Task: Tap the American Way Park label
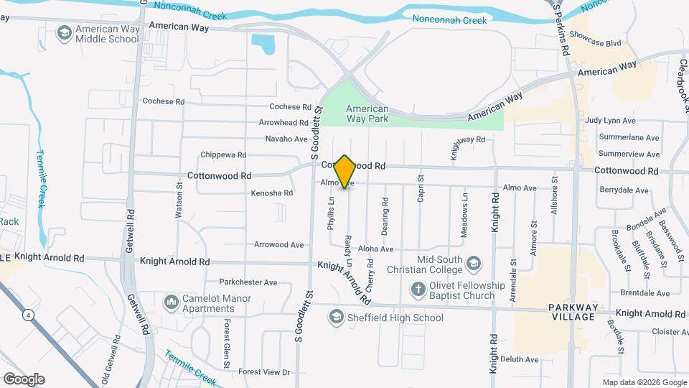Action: point(367,114)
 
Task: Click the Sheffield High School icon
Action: point(336,317)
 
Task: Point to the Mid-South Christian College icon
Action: point(474,264)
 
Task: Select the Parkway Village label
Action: point(571,312)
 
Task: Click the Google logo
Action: point(24,379)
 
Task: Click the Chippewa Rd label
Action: point(223,154)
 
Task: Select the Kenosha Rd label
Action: point(271,193)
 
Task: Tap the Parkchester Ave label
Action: point(248,282)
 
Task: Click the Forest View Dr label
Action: point(264,372)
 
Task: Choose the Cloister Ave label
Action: point(671,332)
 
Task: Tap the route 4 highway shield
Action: point(27,315)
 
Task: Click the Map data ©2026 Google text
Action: point(643,382)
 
